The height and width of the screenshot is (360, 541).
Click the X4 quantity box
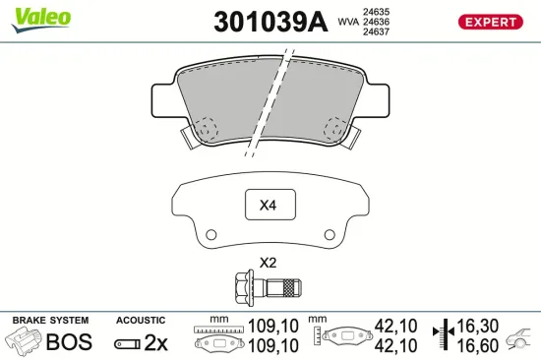[269, 207]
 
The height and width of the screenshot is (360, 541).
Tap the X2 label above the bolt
[268, 263]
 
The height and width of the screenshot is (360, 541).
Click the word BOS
[69, 342]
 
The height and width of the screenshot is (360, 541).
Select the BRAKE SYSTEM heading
[50, 321]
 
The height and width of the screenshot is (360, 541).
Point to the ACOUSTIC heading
[142, 321]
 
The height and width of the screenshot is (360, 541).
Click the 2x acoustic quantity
[156, 342]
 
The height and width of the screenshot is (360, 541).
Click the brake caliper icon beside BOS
[24, 341]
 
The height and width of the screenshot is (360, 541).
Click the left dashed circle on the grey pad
[206, 128]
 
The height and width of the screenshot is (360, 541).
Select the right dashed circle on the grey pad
[334, 128]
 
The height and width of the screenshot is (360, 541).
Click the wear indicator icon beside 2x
[128, 343]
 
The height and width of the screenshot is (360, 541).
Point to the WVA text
[348, 22]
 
